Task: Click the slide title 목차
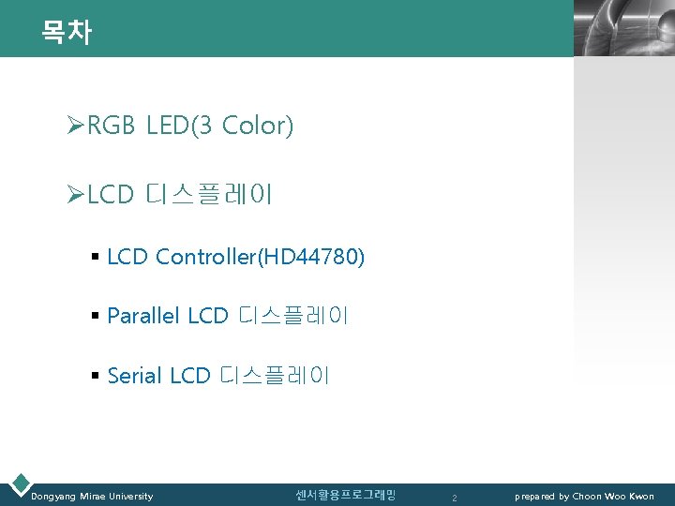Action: coord(66,33)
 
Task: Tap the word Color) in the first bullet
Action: coord(258,126)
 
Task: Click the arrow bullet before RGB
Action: coord(76,126)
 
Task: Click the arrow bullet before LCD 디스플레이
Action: coord(76,195)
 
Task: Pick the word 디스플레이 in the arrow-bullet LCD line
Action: coord(209,195)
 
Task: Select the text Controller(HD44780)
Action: coord(261,257)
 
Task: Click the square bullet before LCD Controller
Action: coord(96,257)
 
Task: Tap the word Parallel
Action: coord(144,317)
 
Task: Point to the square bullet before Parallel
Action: coord(96,317)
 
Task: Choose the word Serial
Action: coord(135,377)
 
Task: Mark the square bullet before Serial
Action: coord(96,377)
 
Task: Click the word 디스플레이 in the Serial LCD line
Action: coord(275,377)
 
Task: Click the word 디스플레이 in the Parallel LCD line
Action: coord(294,317)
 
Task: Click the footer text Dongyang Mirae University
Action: coord(92,496)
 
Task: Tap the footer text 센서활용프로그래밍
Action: coord(345,495)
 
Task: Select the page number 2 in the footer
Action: coord(454,498)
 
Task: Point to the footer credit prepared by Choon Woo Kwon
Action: coord(584,496)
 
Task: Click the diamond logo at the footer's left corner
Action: coord(19,484)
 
